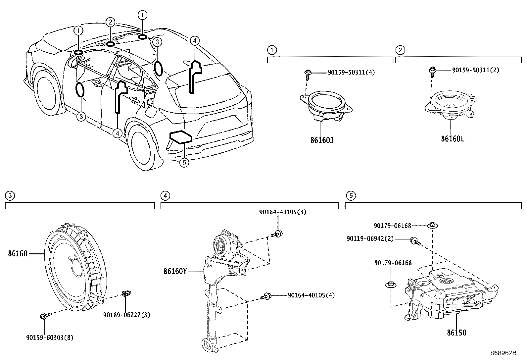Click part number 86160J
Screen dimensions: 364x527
322,140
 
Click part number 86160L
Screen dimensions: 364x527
452,138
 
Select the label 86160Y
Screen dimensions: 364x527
175,272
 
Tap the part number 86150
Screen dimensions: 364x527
456,333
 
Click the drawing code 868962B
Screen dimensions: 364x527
503,353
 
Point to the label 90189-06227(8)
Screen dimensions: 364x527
126,315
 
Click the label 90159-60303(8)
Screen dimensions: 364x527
50,338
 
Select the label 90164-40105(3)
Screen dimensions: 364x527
282,212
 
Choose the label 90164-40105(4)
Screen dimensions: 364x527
311,295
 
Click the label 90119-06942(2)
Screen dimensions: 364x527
370,238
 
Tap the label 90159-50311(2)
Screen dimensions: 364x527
476,70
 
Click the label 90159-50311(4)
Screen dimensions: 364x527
351,72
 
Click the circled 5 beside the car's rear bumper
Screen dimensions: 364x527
184,163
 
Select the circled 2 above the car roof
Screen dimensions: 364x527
110,23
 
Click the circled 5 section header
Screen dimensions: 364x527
350,196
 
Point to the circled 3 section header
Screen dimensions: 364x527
10,196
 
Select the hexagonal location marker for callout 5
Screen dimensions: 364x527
180,137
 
